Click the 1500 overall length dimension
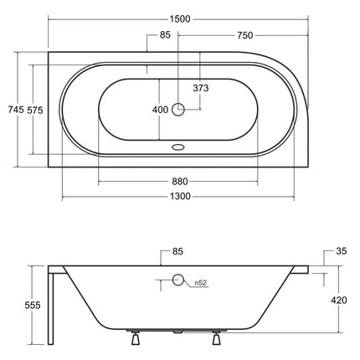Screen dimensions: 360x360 point(180,19)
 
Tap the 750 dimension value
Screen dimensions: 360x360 point(245,35)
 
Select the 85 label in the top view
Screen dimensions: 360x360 point(165,35)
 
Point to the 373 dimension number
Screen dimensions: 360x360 point(201,88)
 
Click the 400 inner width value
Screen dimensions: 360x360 point(160,110)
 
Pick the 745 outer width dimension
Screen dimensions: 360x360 point(16,110)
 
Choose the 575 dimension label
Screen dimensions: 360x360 point(35,111)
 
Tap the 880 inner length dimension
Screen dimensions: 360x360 point(180,182)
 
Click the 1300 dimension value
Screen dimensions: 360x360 point(180,197)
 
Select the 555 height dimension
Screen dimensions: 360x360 point(33,306)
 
